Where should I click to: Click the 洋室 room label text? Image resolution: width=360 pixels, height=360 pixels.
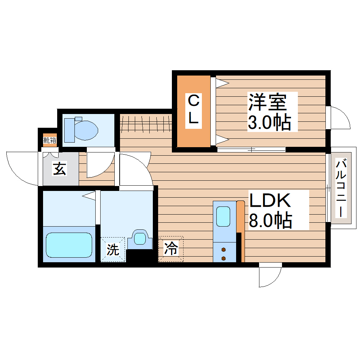point(267,103)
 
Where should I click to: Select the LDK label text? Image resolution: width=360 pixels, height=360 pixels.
point(270,200)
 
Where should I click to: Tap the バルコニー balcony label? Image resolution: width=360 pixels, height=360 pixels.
point(341,188)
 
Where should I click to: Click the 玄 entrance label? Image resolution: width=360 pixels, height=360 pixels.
point(59,169)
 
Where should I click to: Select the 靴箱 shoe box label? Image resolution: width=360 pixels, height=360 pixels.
point(50,140)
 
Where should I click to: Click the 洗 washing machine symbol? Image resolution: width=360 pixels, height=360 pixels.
point(113,250)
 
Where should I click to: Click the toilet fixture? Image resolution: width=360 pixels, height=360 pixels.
point(85,130)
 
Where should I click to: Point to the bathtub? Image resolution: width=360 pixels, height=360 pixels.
point(69,245)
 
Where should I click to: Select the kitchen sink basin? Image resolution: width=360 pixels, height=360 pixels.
point(223,216)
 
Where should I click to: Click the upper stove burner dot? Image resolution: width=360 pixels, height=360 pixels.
point(223,250)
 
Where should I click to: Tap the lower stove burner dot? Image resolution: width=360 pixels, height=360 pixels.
point(223,258)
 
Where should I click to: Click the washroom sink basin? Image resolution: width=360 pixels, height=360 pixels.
point(140,238)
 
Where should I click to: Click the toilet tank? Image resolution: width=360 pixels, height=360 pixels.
point(68,130)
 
